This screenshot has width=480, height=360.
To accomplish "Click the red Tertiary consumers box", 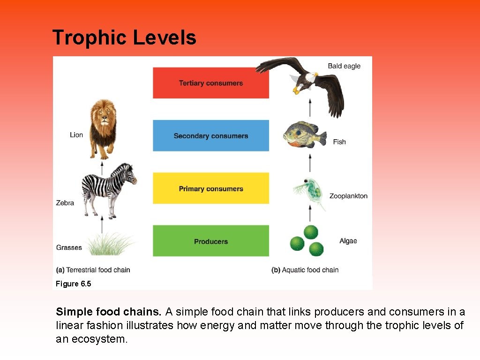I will click(211, 83).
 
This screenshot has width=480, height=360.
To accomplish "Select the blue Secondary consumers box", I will click(211, 135).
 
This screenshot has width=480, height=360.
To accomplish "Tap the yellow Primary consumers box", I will click(211, 188).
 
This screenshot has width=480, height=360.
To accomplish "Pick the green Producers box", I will click(211, 241).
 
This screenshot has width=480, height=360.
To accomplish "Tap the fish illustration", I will click(304, 134).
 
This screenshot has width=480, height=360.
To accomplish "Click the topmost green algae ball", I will click(311, 232).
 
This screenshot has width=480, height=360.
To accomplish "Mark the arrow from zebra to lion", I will click(102, 167).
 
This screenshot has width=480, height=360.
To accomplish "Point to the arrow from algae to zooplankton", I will click(310, 214).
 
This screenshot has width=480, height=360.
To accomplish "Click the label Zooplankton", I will click(348, 196).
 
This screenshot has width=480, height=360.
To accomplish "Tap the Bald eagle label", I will click(344, 66).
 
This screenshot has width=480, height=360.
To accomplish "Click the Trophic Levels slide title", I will click(124, 37).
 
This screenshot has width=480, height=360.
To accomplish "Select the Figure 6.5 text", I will click(74, 284).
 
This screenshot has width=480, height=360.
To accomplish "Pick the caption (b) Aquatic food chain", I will click(305, 270).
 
